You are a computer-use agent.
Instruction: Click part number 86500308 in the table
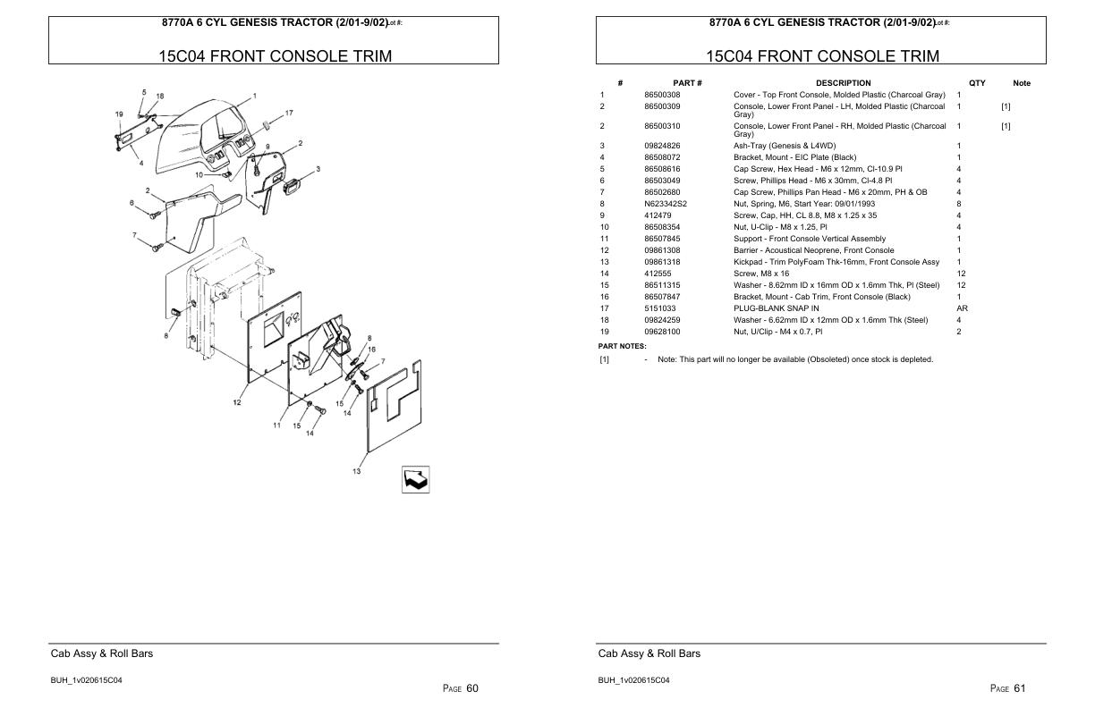coord(662,95)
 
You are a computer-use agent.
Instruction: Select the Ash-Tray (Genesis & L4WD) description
coord(785,146)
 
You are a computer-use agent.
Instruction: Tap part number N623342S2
coord(666,204)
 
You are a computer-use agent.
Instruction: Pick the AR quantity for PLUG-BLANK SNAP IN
coord(962,308)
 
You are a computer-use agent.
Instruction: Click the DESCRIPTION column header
coord(844,83)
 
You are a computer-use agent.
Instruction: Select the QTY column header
coord(977,83)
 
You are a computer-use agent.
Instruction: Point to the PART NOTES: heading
coord(623,346)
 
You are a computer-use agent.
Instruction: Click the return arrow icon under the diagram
coord(415,479)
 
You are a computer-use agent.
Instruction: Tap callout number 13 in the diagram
coord(356,471)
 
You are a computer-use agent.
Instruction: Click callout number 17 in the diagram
coord(289,113)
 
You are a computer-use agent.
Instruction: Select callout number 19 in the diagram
coord(119,114)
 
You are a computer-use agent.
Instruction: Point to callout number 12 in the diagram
coord(237,402)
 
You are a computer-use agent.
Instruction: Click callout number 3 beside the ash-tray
coord(318,169)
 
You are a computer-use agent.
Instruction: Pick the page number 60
coord(472,688)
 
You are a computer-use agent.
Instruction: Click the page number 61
coord(1020,688)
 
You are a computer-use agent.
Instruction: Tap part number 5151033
coord(660,308)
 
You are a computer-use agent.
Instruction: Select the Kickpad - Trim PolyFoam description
coord(836,262)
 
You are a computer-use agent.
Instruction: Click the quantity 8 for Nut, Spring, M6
coord(959,204)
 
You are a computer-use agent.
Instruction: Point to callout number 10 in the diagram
coord(199,175)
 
